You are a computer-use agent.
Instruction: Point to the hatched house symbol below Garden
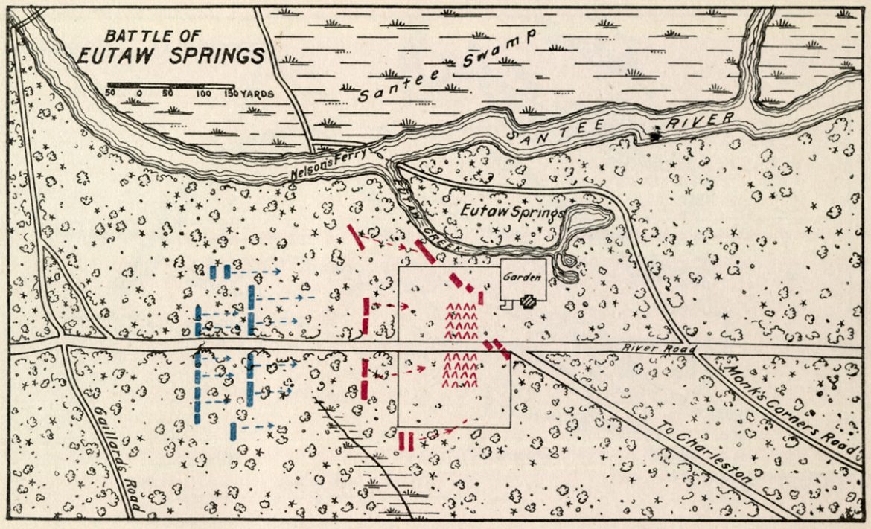coord(529,301)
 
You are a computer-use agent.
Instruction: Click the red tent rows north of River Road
coord(461,321)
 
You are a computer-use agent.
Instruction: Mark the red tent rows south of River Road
coord(461,370)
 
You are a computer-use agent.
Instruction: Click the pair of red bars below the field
coord(406,440)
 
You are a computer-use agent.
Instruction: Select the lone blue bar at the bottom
coord(234,430)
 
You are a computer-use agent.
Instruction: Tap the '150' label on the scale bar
coord(231,94)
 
